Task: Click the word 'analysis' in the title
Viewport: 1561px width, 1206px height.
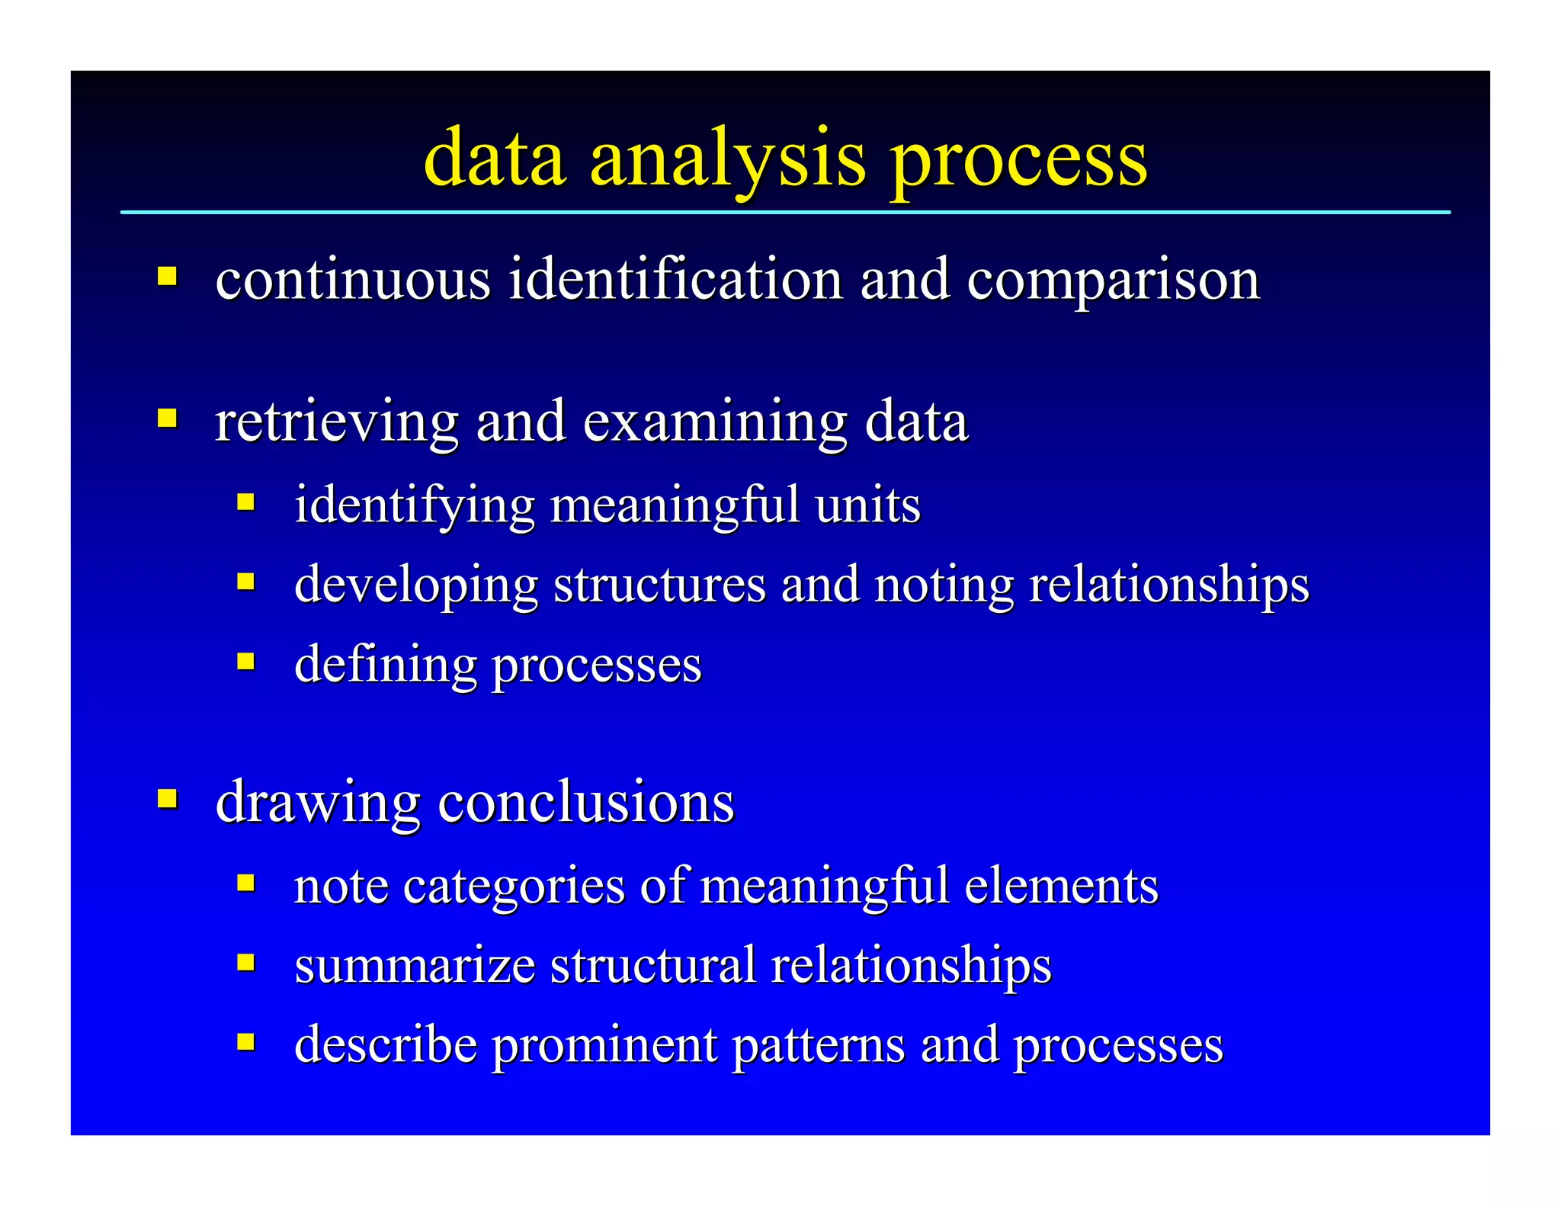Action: [x=728, y=159]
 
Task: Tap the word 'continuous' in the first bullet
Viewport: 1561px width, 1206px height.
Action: [x=353, y=280]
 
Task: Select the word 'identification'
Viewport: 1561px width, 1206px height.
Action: [x=675, y=280]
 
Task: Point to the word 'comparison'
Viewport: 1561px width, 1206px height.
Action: [x=1113, y=280]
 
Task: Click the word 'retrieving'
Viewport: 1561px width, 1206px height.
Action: [x=336, y=422]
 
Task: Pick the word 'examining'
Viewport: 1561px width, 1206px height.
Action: [x=715, y=422]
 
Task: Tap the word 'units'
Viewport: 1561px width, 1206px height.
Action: [x=867, y=505]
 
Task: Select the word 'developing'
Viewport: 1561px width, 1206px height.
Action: [x=416, y=585]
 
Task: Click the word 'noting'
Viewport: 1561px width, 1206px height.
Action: [x=944, y=585]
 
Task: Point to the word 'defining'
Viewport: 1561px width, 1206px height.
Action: [x=385, y=664]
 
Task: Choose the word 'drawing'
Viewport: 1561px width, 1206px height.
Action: [x=318, y=803]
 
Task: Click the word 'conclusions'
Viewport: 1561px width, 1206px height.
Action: [x=586, y=803]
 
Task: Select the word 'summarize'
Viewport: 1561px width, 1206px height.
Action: [x=415, y=965]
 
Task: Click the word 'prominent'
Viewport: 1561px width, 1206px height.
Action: [x=604, y=1045]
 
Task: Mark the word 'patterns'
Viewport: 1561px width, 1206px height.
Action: [x=818, y=1045]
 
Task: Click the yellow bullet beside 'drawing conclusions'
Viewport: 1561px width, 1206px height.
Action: [x=168, y=799]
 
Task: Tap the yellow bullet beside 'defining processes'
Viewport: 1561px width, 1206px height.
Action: [x=245, y=660]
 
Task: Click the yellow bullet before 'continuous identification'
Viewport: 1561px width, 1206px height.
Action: [x=168, y=275]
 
